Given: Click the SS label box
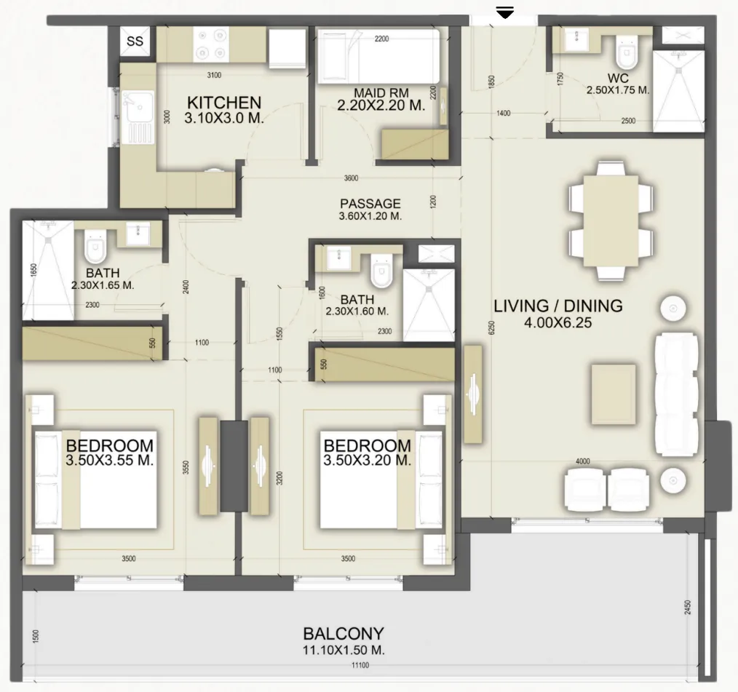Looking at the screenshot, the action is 135,41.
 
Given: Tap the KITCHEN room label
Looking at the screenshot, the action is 224,103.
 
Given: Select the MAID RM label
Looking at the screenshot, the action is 381,92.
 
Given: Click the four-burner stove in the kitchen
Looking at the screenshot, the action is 211,44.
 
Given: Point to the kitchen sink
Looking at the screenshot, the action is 138,117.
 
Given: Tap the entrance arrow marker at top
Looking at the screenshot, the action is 505,14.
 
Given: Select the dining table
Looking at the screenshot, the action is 611,220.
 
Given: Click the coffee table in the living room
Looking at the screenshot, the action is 614,394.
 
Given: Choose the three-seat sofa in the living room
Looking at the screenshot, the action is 675,394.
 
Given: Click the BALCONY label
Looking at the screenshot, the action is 344,634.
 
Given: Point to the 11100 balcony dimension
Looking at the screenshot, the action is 360,665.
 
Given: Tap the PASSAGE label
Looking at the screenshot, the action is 370,204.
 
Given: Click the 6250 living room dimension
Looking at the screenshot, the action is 492,328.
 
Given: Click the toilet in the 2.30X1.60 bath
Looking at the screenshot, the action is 381,271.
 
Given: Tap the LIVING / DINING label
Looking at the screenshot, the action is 558,306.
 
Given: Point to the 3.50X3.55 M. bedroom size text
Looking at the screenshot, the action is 110,460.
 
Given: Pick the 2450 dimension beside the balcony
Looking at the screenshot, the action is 688,608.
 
